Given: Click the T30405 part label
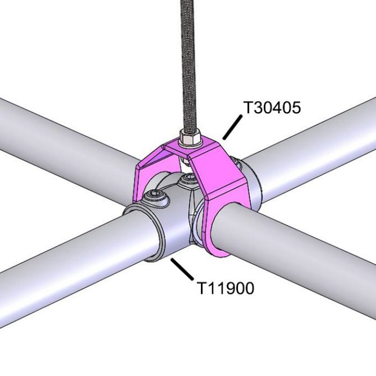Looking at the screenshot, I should (272, 107).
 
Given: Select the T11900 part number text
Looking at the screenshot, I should (225, 288).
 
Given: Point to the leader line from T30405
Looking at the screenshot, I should (230, 129).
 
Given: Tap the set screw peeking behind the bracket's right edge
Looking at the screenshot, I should (235, 161).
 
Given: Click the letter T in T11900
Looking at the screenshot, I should (200, 288).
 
